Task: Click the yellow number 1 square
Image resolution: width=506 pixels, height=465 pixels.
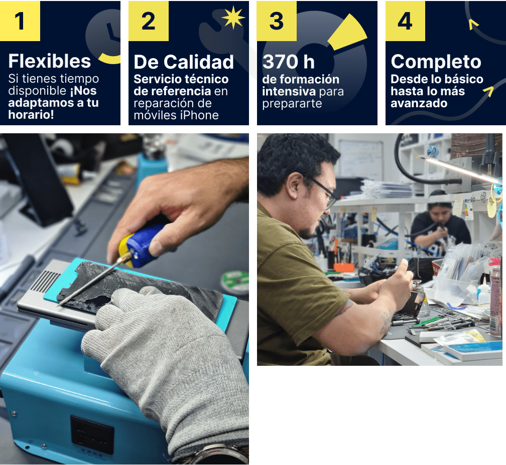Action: [20, 21]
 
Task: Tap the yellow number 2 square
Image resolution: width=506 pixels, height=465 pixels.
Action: [149, 21]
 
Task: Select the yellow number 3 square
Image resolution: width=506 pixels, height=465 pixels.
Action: [277, 21]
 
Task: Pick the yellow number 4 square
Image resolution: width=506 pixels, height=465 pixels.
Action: [405, 21]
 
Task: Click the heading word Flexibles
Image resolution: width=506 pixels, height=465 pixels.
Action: [50, 61]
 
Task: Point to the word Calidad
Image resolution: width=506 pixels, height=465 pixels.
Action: [198, 62]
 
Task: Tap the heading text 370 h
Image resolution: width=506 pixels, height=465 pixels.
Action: [288, 62]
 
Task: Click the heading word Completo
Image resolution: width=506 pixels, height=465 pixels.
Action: [436, 62]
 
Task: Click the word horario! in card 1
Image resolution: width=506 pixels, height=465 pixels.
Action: [31, 114]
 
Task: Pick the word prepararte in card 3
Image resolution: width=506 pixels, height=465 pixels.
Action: [292, 104]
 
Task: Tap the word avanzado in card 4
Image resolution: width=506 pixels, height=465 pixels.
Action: [419, 103]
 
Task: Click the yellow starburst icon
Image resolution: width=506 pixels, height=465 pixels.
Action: [233, 18]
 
